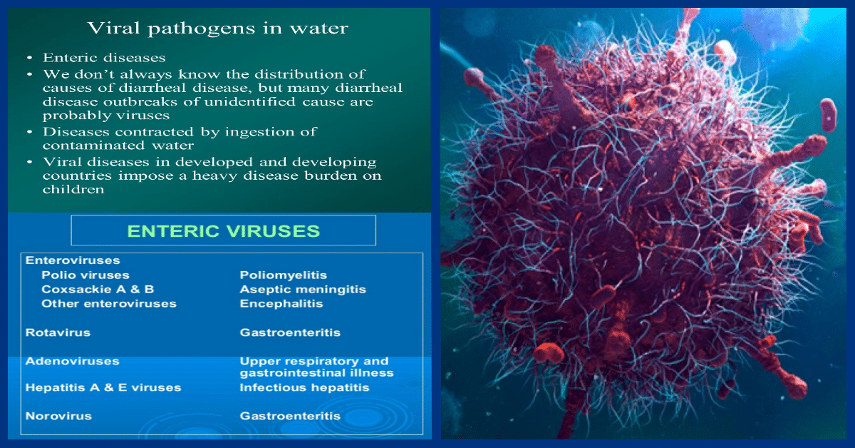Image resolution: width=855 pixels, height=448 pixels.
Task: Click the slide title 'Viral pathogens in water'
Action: (217, 29)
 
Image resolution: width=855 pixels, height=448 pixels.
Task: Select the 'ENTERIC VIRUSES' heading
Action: (223, 230)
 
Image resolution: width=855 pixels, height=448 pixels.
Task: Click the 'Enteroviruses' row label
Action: (73, 260)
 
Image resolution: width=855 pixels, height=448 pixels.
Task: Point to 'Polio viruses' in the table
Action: (85, 275)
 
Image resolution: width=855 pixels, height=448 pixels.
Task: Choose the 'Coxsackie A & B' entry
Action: (98, 290)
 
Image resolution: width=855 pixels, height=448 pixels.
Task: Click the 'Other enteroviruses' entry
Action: (108, 304)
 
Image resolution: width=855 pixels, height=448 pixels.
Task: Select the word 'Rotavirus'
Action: (58, 332)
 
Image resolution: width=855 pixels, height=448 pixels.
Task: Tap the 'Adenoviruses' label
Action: (72, 361)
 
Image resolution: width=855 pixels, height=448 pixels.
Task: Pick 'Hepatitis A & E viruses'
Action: (103, 387)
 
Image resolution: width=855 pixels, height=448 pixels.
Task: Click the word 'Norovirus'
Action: (58, 415)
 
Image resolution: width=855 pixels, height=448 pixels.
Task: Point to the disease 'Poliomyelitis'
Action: (283, 275)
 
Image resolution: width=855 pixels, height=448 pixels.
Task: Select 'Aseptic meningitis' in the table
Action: (303, 290)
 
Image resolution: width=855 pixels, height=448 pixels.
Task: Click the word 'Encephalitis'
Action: (281, 304)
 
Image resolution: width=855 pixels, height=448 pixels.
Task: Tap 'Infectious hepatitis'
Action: (304, 387)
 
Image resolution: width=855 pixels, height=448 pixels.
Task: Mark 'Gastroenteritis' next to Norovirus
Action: (290, 415)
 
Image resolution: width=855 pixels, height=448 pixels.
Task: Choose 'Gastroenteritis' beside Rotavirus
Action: (290, 332)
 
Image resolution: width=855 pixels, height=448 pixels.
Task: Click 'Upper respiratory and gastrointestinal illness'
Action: (316, 367)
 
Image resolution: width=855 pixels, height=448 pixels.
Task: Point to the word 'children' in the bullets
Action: (73, 189)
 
